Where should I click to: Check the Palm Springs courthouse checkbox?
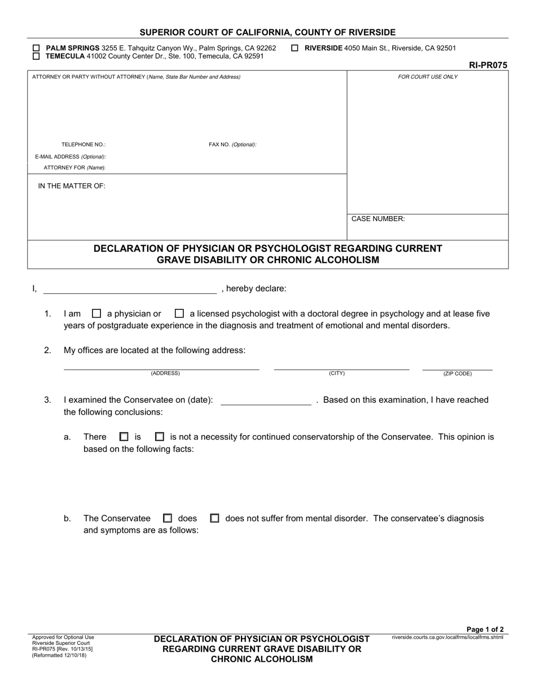coord(37,49)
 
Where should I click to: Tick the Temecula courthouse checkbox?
coord(37,56)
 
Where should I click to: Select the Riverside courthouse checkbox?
coord(295,49)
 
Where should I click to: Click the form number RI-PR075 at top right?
coord(488,65)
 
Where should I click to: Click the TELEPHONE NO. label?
coord(84,144)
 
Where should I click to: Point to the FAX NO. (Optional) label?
coord(232,144)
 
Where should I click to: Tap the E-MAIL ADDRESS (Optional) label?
coord(71,157)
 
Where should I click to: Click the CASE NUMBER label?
coord(378,219)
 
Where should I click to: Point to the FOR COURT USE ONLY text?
coord(428,77)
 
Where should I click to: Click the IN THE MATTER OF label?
coord(72,186)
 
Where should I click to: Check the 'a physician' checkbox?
coord(96,314)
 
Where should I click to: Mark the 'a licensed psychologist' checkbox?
coord(179,314)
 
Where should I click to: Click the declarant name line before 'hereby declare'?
coord(130,290)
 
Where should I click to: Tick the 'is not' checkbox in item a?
coord(160,437)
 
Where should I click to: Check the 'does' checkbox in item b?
coord(168,518)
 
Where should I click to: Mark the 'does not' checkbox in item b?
coord(214,518)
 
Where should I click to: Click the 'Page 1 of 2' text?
coord(485,630)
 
